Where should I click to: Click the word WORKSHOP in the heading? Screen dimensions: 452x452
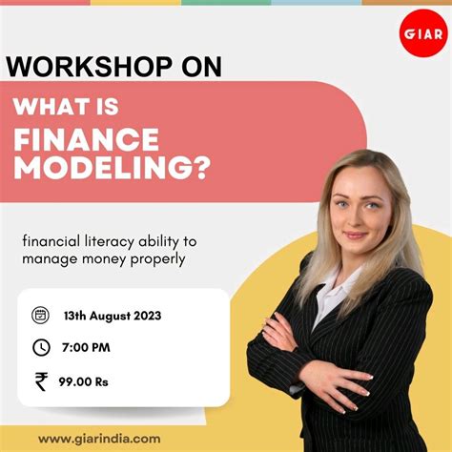(x=89, y=67)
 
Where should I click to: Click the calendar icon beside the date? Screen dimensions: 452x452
(x=40, y=316)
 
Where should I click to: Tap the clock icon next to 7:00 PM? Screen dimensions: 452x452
(x=40, y=347)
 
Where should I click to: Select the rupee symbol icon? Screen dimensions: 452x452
(x=40, y=381)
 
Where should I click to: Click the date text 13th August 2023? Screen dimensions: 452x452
(x=112, y=316)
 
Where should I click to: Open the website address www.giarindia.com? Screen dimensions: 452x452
(x=98, y=438)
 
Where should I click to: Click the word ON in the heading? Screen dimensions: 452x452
(x=200, y=67)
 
